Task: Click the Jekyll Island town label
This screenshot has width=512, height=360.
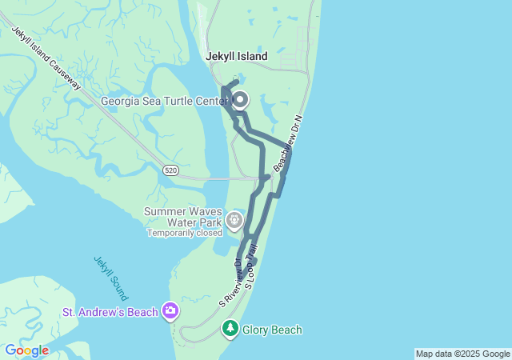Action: pyautogui.click(x=237, y=57)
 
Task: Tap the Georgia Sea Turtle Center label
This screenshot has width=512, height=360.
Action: pyautogui.click(x=163, y=101)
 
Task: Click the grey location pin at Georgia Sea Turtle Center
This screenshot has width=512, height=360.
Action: pyautogui.click(x=239, y=100)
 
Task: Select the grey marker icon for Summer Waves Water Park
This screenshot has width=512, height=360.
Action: pyautogui.click(x=234, y=218)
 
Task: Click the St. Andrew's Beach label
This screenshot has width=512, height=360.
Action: pyautogui.click(x=110, y=310)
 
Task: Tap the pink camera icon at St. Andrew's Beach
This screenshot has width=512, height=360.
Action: pyautogui.click(x=170, y=310)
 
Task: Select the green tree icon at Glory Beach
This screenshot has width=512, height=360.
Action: pyautogui.click(x=230, y=329)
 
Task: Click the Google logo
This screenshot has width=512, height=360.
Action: pyautogui.click(x=26, y=350)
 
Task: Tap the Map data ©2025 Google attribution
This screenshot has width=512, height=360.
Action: pyautogui.click(x=462, y=354)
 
